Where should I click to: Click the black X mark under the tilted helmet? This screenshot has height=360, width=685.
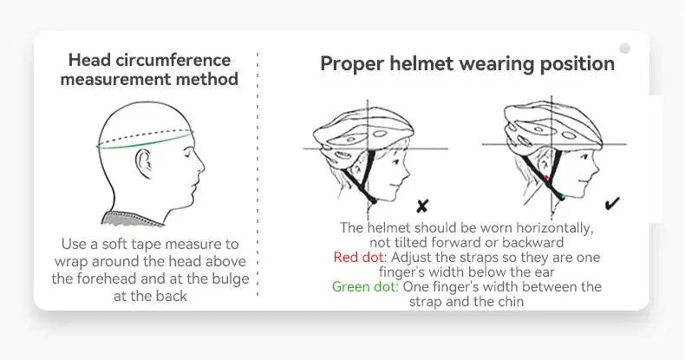click(x=422, y=206)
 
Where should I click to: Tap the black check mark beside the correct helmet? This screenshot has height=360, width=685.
click(x=612, y=203)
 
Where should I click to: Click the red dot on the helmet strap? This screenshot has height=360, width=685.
click(x=545, y=178)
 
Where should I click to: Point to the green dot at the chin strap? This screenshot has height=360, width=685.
click(x=562, y=198)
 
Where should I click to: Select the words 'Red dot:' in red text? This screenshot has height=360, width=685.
click(x=361, y=257)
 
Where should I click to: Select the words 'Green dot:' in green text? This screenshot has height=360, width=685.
click(x=365, y=286)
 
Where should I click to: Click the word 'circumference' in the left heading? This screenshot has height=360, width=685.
click(x=173, y=61)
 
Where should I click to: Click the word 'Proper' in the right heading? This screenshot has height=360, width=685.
click(x=352, y=64)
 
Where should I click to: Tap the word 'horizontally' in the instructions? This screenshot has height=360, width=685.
click(x=555, y=228)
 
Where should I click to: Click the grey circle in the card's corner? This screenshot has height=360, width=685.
click(x=624, y=48)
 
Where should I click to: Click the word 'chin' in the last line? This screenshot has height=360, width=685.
click(x=509, y=302)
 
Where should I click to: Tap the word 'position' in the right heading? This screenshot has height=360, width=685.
click(x=577, y=64)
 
